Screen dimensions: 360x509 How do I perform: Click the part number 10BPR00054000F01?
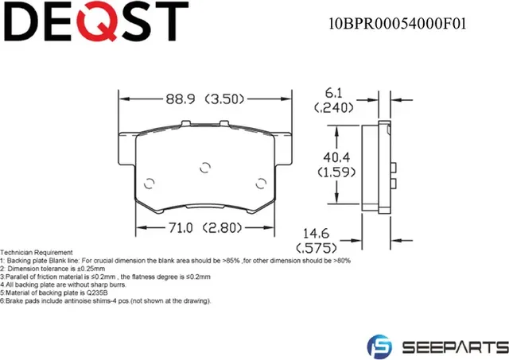click(398, 23)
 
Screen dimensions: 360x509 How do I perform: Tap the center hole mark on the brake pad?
click(204, 167)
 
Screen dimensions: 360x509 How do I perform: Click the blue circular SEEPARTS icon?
click(379, 346)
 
